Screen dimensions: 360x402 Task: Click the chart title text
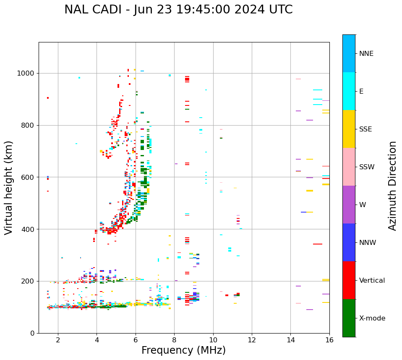coord(178,10)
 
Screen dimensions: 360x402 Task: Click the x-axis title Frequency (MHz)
coord(183,350)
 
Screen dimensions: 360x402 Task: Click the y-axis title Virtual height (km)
coord(9,187)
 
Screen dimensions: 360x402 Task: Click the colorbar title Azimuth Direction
coord(392,186)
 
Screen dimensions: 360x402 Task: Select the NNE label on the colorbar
coord(366,54)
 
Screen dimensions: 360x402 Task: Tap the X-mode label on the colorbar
coord(372,318)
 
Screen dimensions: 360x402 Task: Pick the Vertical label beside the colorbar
coord(372,281)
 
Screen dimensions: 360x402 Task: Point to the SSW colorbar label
coord(367,167)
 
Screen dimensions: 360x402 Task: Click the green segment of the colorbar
coord(349,318)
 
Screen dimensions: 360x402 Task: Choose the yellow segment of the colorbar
coord(349,129)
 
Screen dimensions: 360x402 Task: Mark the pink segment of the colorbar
coord(349,167)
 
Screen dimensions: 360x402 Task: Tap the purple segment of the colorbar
coord(349,205)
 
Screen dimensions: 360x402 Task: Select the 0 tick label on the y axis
coord(33,333)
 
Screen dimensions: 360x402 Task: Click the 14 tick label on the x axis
coord(290,339)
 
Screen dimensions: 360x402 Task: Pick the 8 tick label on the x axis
coord(174,339)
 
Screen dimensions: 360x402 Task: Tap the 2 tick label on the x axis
coord(58,339)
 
